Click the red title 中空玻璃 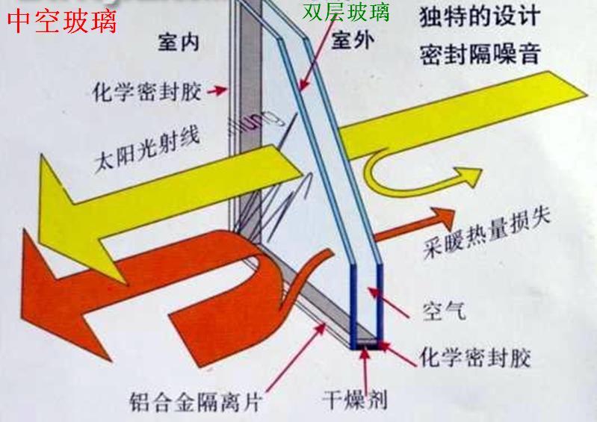tap(62, 22)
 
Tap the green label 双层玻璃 tap(346, 12)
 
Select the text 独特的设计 tap(480, 17)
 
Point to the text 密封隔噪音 tap(480, 54)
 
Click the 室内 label tap(179, 42)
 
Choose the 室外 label tap(353, 40)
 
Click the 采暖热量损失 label tap(487, 232)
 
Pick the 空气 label tap(444, 311)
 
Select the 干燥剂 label tap(355, 400)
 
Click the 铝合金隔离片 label tap(194, 401)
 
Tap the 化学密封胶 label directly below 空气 tap(475, 357)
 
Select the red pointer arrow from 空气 tap(389, 303)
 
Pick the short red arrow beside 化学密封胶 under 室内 tap(217, 90)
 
